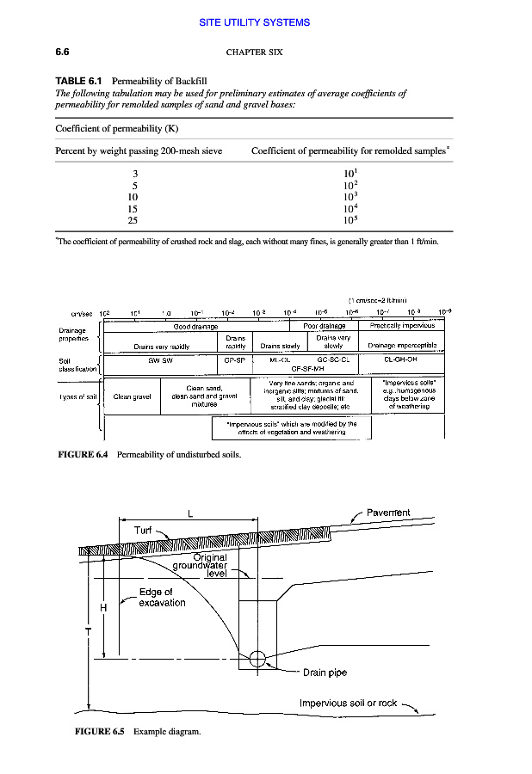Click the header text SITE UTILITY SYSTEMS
point(266,22)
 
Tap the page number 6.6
point(63,52)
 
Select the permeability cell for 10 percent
point(349,196)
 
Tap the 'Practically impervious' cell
point(402,326)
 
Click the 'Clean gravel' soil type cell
point(133,397)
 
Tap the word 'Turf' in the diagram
point(143,531)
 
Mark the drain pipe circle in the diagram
point(257,660)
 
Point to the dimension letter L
point(189,514)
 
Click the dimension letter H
point(103,608)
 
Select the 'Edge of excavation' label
point(162,597)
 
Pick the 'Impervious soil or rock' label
point(348,703)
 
